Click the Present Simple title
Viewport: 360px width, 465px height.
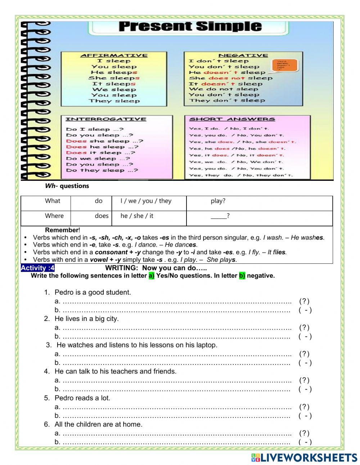[x=190, y=26]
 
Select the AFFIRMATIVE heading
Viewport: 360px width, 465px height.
[x=114, y=55]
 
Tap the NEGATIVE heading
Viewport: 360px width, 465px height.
[x=243, y=55]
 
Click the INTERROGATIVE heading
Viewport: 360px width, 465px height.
[x=106, y=119]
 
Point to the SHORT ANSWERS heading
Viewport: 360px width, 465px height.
[x=232, y=119]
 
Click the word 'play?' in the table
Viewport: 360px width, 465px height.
[x=218, y=201]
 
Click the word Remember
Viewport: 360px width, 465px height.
[x=62, y=230]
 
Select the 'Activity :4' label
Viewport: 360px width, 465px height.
[x=38, y=268]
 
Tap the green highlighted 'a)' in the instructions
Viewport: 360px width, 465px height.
[x=151, y=276]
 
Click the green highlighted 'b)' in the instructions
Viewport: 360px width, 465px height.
[x=242, y=276]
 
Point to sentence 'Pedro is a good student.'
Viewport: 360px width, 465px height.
[x=93, y=292]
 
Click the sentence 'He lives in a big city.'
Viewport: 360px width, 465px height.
[x=86, y=319]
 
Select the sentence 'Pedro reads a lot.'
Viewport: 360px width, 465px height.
[x=82, y=398]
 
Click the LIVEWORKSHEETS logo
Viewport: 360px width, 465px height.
[x=304, y=457]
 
